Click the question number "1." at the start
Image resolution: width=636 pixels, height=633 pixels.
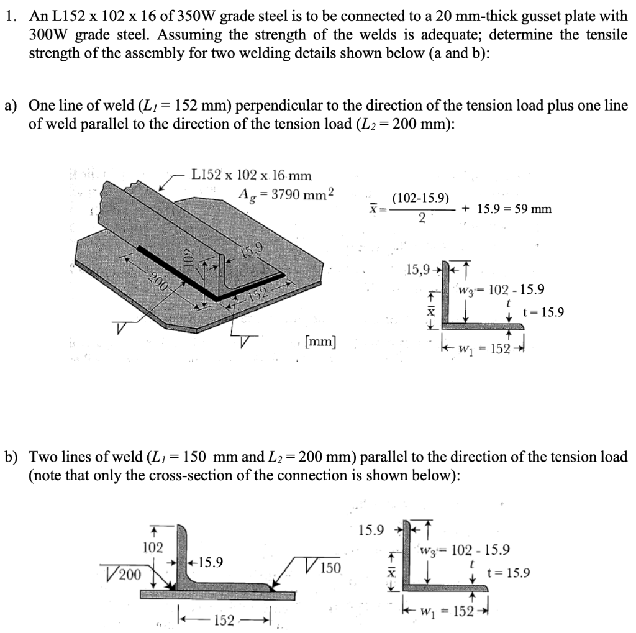click(10, 17)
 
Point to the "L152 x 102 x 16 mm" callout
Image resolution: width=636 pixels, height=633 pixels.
click(252, 176)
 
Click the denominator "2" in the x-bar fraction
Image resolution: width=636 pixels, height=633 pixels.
click(422, 219)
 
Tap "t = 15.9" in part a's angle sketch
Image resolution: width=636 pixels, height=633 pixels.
click(544, 312)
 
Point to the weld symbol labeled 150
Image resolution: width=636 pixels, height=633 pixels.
click(325, 568)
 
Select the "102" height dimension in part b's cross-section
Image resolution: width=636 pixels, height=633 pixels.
click(153, 547)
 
